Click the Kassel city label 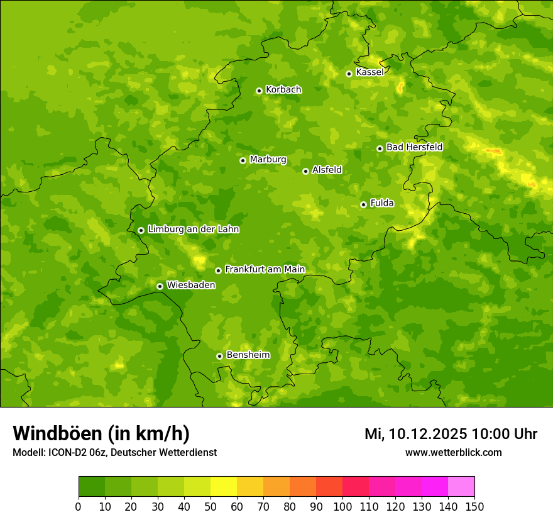point(370,72)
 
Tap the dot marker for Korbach point(259,91)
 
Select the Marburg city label point(268,160)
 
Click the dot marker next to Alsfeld point(305,171)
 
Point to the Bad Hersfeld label point(414,147)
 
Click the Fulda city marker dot point(363,204)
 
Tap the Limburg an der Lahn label point(193,230)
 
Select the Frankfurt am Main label point(265,270)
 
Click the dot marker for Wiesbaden point(160,286)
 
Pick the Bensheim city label point(248,355)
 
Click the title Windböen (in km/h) point(101,433)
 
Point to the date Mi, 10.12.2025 point(415,434)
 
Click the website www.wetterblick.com point(453,452)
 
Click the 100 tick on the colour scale point(342,506)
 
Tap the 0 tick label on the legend point(79,506)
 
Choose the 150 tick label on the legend point(474,506)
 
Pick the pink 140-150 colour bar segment point(461,487)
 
